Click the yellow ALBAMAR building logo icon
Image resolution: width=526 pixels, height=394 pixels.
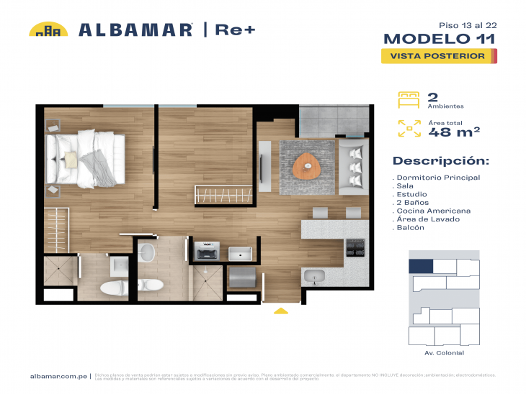[48, 29]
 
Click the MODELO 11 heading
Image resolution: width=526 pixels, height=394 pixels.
[439, 39]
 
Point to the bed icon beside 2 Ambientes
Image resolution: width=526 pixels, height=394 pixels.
[409, 99]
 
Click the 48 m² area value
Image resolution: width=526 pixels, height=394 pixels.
[454, 132]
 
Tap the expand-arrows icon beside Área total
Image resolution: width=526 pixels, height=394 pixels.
[409, 128]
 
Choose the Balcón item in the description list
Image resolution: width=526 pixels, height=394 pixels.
[411, 228]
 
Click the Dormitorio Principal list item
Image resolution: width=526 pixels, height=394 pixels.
[437, 178]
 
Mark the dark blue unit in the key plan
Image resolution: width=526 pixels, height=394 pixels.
[421, 266]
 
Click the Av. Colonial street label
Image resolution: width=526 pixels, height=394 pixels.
[444, 353]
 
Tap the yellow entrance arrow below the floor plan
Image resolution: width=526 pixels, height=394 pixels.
[281, 311]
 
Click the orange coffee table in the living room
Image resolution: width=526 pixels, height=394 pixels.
[308, 165]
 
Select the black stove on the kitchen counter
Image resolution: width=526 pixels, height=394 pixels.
[356, 247]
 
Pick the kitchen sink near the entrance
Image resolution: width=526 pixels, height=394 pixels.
[316, 276]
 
